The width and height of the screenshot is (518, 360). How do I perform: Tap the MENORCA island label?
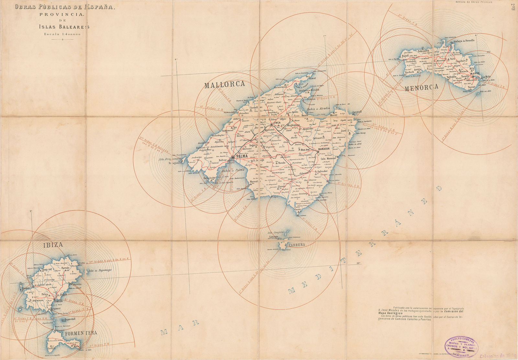421,87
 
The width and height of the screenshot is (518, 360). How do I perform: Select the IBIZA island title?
53,245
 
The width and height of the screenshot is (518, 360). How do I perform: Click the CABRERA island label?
297,245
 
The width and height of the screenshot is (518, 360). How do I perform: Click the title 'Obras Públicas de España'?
64,6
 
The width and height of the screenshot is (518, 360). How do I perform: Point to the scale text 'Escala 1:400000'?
62,34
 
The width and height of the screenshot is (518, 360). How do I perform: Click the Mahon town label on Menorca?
475,73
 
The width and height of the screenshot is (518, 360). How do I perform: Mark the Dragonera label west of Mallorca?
175,163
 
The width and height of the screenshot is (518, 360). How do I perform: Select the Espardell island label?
69,319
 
